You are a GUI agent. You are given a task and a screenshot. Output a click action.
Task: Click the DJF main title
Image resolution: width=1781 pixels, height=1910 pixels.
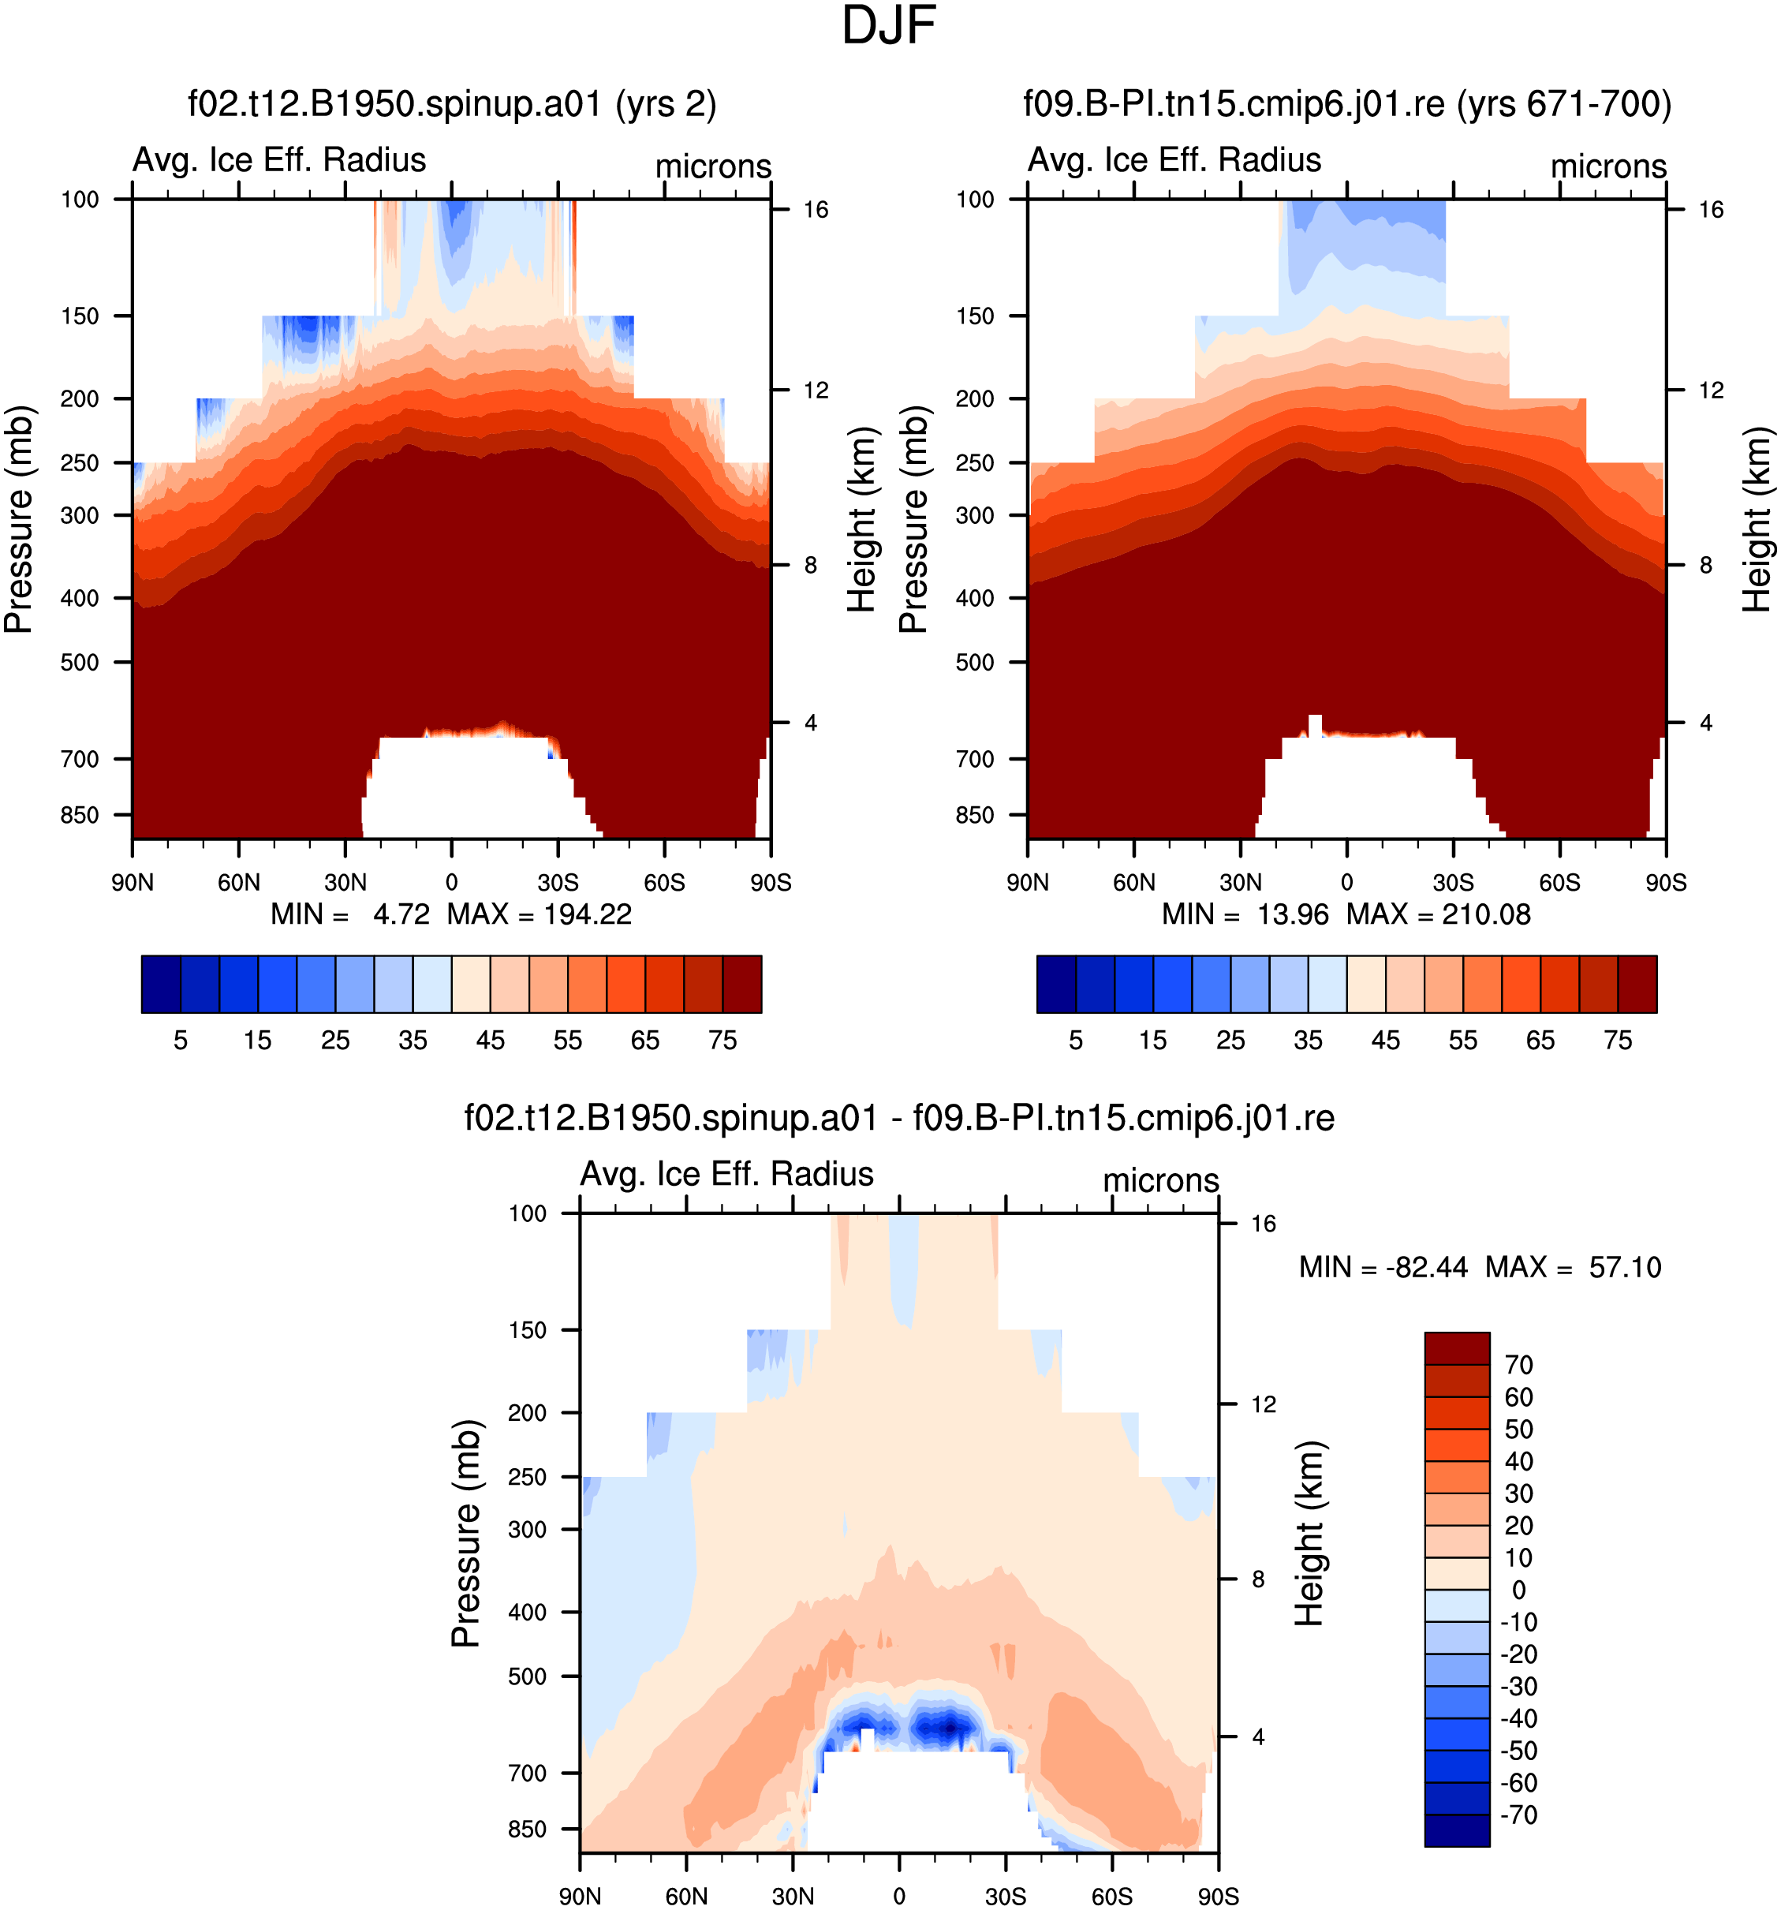tap(889, 25)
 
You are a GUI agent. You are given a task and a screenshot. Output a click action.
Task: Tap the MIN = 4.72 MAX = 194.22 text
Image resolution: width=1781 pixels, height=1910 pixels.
tap(451, 914)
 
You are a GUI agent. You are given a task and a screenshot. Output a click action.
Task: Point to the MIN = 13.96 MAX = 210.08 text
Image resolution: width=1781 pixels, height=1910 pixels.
tap(1347, 914)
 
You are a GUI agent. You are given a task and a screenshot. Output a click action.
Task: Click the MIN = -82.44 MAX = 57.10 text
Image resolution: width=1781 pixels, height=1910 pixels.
tap(1480, 1267)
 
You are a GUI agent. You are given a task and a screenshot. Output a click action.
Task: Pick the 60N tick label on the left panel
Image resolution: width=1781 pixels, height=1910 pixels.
tap(238, 882)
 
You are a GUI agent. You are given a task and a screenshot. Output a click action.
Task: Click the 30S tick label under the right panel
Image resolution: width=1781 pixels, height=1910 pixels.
tap(1454, 882)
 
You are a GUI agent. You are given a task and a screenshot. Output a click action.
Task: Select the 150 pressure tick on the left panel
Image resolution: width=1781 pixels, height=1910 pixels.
tap(80, 316)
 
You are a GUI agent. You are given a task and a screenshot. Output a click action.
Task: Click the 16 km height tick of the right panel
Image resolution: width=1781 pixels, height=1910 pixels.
tap(1711, 209)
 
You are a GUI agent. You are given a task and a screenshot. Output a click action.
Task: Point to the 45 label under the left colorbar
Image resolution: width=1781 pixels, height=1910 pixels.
tap(490, 1041)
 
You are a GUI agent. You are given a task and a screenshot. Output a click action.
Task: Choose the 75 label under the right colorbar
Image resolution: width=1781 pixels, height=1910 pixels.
tap(1618, 1041)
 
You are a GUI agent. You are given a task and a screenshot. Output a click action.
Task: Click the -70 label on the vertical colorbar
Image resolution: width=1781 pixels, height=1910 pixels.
tap(1519, 1815)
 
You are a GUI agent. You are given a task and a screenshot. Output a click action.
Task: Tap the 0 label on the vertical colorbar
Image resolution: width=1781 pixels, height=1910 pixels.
tap(1519, 1590)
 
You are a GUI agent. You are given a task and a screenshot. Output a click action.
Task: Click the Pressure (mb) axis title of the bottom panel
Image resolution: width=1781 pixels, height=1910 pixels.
tap(466, 1534)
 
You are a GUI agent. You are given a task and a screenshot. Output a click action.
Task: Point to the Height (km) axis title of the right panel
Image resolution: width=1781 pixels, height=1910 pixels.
tap(1757, 519)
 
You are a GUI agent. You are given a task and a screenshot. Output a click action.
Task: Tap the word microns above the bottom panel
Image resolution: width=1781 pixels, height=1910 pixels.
tap(1160, 1181)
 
